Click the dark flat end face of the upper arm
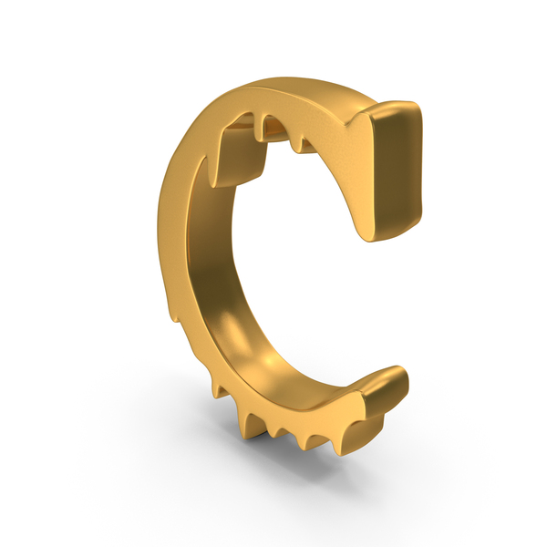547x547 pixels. (x=397, y=171)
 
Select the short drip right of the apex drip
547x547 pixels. (x=297, y=144)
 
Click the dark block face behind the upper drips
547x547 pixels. (x=241, y=157)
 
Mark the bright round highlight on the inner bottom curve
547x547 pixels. (x=269, y=360)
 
